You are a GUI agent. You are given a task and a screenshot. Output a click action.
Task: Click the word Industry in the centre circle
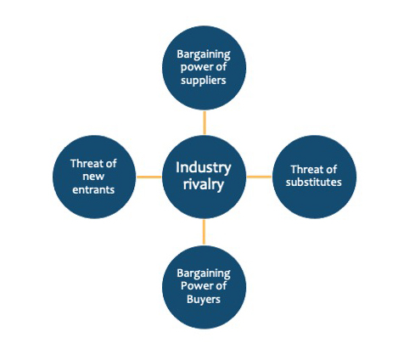click(204, 168)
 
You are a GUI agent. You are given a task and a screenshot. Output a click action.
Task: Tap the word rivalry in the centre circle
click(204, 184)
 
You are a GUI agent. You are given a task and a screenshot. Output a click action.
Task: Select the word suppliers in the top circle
click(204, 81)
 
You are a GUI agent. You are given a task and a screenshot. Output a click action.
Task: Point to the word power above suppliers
click(195, 68)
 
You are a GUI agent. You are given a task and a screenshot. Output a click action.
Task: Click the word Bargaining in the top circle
click(204, 54)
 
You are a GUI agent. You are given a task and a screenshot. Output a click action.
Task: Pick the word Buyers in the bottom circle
click(204, 299)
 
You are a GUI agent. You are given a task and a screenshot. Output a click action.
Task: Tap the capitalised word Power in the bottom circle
click(195, 285)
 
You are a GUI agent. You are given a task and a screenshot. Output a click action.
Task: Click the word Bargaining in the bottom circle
click(204, 273)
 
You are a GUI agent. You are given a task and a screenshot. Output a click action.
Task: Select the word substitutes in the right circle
click(314, 182)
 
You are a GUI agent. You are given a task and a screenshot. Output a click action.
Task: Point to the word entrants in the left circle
click(93, 189)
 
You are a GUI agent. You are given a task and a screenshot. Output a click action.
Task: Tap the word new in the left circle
click(93, 177)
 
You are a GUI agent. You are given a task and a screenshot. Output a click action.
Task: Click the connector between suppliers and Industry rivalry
click(205, 122)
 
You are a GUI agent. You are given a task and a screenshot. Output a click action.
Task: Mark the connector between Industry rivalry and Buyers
click(204, 232)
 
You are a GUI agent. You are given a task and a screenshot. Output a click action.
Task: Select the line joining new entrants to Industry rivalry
click(149, 177)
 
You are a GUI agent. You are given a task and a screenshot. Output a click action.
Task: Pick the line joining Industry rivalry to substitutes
click(259, 177)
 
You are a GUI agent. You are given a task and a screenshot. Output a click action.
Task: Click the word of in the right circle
click(329, 169)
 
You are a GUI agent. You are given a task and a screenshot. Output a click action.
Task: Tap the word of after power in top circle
click(219, 67)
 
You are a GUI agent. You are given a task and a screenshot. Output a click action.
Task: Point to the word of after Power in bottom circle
click(219, 285)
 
